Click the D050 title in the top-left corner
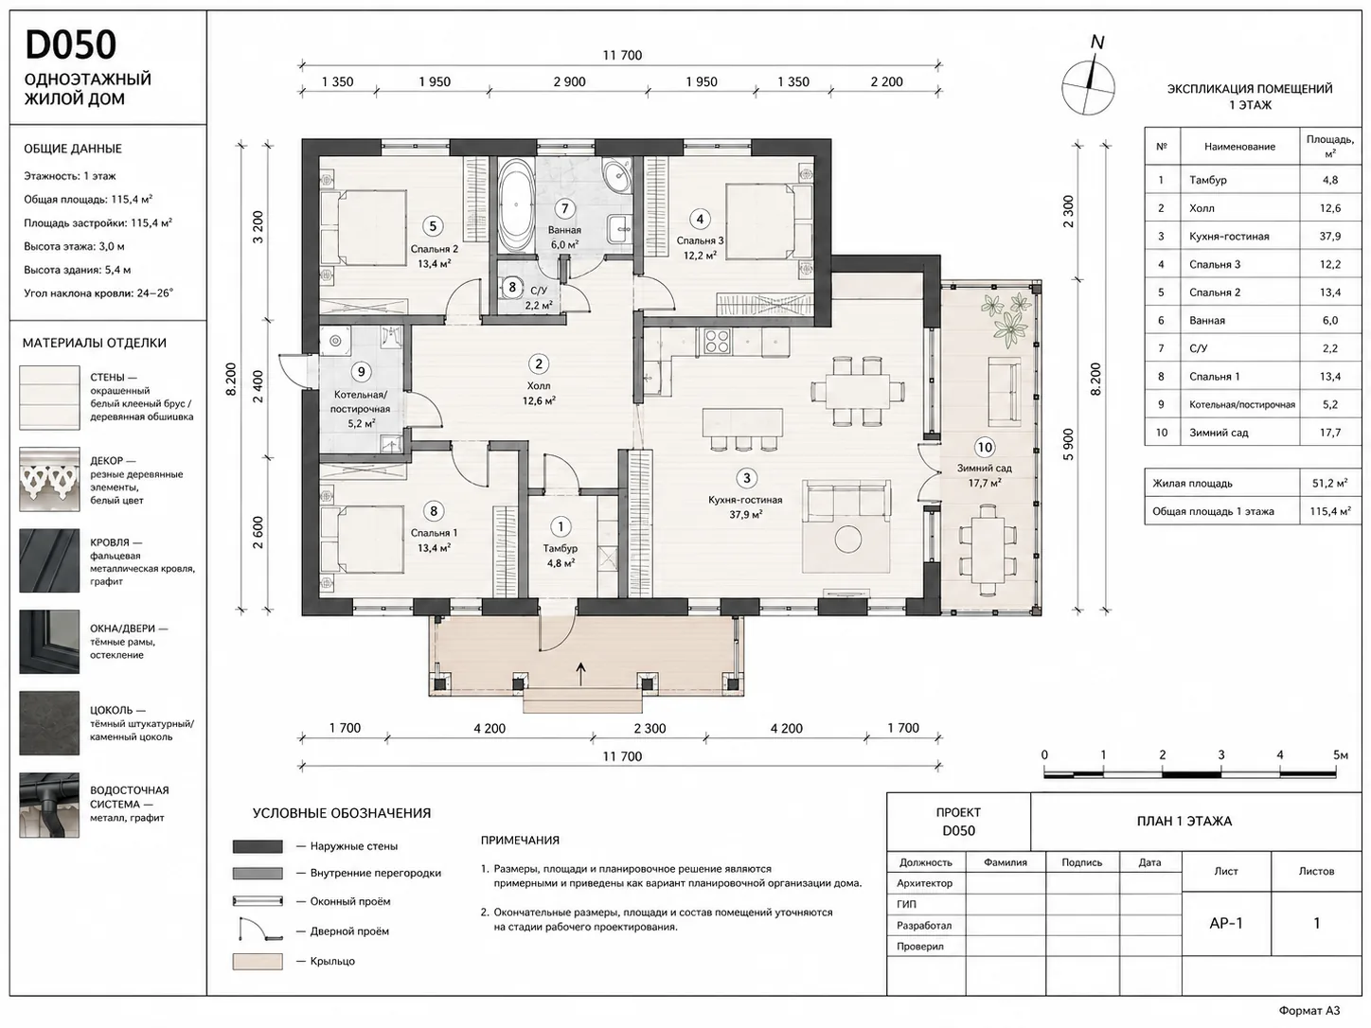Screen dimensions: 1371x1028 coord(71,44)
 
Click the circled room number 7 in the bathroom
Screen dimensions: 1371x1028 coord(564,208)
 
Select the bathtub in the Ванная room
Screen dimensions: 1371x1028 coord(516,204)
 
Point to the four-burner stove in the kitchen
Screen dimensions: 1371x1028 coord(716,342)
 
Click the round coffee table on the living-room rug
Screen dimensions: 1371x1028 coord(847,540)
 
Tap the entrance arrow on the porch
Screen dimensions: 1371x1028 coord(581,674)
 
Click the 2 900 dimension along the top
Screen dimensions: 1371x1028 coord(570,81)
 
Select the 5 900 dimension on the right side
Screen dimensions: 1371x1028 coord(1069,444)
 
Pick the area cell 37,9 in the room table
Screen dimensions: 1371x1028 coord(1329,236)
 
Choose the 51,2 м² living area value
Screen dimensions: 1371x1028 coord(1329,483)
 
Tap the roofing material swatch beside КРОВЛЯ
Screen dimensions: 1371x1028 coord(49,560)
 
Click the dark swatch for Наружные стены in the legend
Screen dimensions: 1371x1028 coord(258,846)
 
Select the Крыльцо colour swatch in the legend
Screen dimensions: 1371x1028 coord(258,961)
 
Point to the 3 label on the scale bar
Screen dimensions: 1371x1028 coord(1221,754)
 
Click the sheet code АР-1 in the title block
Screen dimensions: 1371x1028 coord(1226,923)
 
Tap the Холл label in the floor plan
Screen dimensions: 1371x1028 coord(539,385)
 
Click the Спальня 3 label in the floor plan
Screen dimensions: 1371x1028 coord(700,240)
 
